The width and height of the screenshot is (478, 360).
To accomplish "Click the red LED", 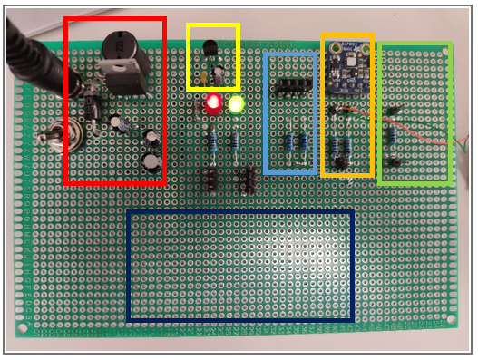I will pos(214,104).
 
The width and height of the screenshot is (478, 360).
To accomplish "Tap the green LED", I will pos(237,105).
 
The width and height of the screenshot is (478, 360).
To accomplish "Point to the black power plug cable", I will pos(27,54).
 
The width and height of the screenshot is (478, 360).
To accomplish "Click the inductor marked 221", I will pos(119,44).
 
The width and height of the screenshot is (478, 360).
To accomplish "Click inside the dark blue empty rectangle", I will pos(239,265).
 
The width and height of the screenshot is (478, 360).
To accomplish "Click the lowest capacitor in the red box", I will pos(151,161).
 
